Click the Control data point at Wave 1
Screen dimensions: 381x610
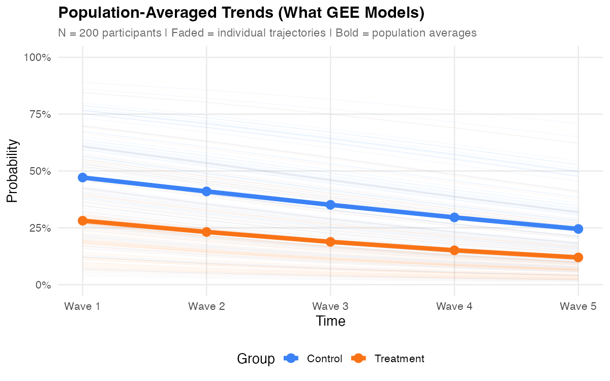82,177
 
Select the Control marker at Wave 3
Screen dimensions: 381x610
330,205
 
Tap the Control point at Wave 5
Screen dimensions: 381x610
578,229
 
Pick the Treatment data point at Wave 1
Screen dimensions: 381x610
82,220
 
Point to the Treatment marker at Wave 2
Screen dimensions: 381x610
206,232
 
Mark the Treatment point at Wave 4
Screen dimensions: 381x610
454,250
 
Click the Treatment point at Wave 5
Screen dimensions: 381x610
578,257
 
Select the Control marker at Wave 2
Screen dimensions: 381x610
206,191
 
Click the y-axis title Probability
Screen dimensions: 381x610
12,171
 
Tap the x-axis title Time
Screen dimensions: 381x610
330,321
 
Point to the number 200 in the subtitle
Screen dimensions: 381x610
88,33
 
